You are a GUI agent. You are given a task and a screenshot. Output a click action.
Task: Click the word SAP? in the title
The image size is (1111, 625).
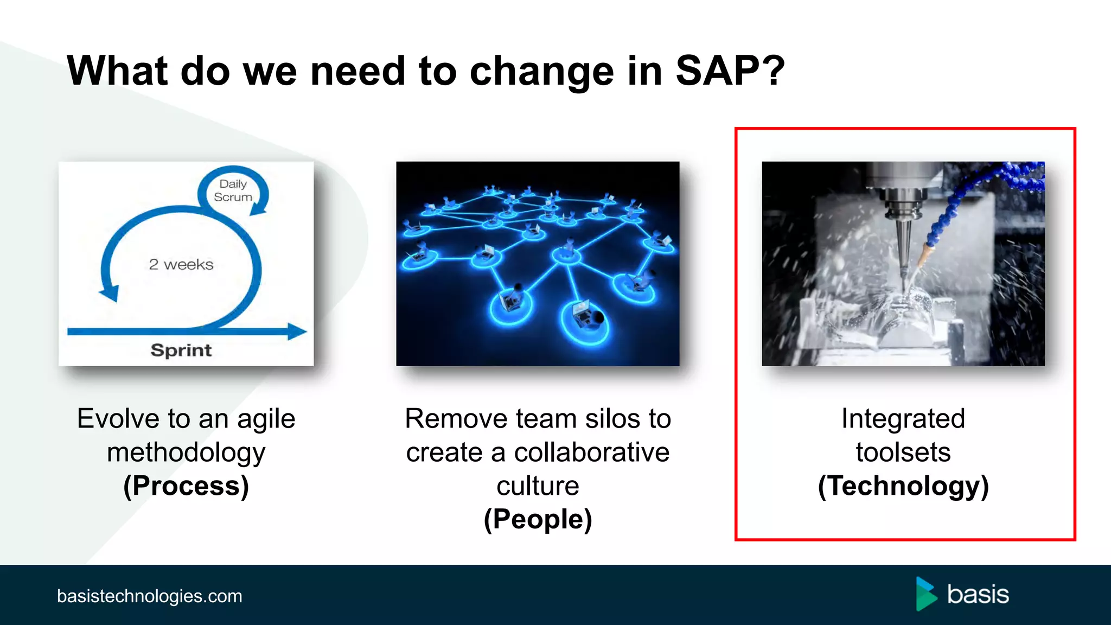tap(730, 72)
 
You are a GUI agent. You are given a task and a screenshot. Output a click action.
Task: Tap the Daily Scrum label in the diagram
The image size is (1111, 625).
tap(233, 190)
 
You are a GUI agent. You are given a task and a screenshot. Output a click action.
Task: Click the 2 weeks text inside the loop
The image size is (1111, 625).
tap(181, 265)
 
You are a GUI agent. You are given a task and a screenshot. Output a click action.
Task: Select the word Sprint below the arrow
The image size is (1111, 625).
tap(181, 350)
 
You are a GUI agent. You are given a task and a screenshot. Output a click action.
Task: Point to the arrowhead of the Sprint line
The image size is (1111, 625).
tap(297, 331)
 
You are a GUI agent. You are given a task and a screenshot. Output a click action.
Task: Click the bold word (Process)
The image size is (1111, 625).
tap(186, 486)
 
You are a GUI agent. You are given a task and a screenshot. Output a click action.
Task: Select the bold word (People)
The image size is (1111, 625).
tap(538, 520)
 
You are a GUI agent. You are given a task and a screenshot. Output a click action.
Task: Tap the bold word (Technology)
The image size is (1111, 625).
tap(903, 486)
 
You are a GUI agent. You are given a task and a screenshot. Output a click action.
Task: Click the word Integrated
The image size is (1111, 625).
tap(903, 419)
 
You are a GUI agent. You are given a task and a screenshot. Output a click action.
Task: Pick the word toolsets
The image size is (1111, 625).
tap(903, 452)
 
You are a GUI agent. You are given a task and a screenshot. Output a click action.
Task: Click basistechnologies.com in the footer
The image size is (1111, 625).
tap(150, 596)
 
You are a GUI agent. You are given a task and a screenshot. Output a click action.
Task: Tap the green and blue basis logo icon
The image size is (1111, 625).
tap(926, 594)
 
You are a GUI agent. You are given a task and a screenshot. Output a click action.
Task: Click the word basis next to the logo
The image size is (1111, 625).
tap(978, 595)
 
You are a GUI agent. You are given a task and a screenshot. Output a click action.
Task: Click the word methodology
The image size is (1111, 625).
tap(186, 452)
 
